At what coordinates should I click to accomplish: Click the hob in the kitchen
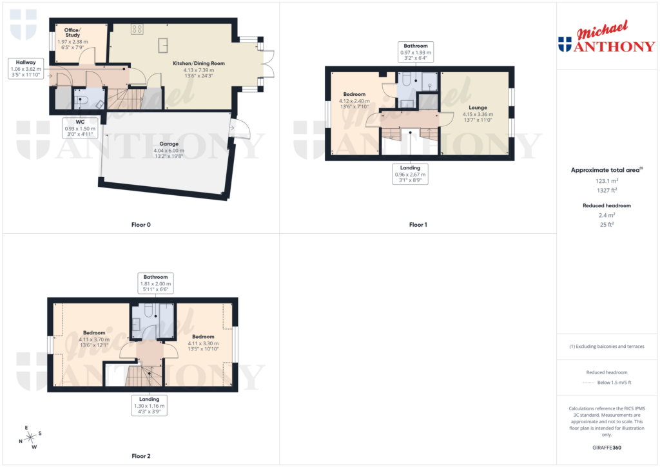pyautogui.click(x=137, y=28)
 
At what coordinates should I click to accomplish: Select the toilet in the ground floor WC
pyautogui.click(x=80, y=100)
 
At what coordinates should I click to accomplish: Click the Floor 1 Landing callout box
pyautogui.click(x=411, y=174)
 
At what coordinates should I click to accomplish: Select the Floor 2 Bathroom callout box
pyautogui.click(x=155, y=283)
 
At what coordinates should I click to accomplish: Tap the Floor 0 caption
pyautogui.click(x=141, y=225)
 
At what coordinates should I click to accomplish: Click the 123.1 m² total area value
pyautogui.click(x=605, y=182)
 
